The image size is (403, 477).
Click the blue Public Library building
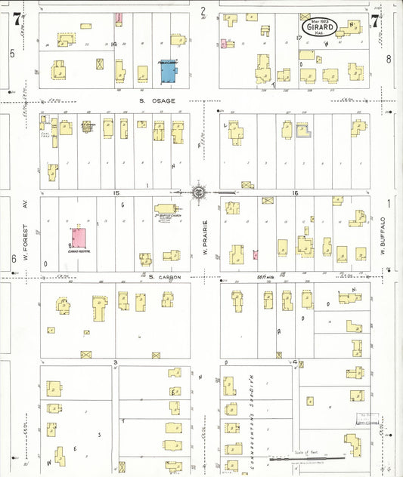tap(167, 72)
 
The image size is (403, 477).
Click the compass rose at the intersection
tap(198, 192)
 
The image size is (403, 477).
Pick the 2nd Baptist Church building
tap(166, 209)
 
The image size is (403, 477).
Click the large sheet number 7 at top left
tap(16, 20)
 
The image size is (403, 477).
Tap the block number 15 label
tap(116, 193)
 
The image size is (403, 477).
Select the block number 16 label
tap(296, 193)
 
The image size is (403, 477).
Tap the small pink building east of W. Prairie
tap(256, 254)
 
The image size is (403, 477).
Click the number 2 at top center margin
tap(203, 11)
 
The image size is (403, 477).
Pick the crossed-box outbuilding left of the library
tap(101, 64)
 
